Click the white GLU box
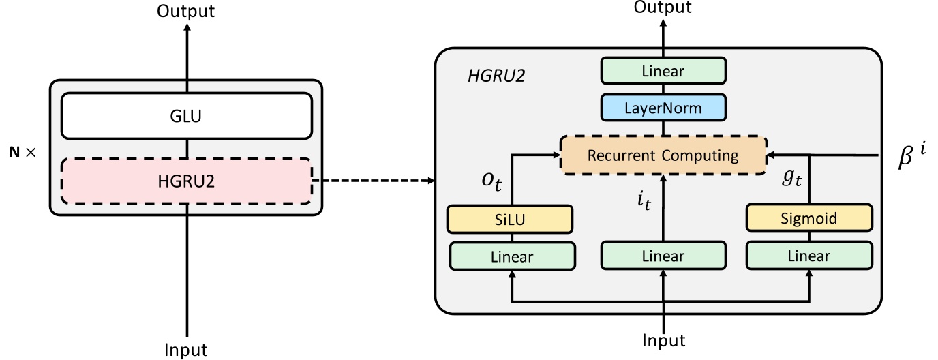186,116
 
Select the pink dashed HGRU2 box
186,181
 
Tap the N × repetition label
21,153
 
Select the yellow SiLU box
509,219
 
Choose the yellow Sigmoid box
809,219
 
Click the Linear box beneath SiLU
512,256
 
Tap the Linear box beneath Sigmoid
809,256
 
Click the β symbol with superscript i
911,155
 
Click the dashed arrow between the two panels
373,181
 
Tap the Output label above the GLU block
185,11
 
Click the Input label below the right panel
663,340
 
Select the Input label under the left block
185,350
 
